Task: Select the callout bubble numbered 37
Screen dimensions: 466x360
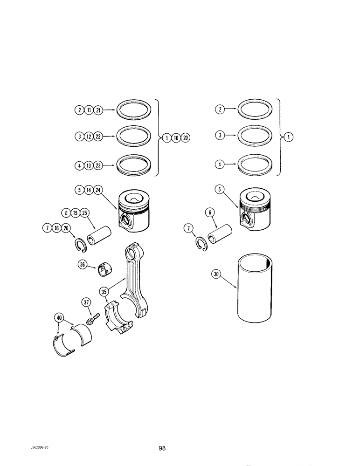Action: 87,302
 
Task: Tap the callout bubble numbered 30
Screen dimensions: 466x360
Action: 215,275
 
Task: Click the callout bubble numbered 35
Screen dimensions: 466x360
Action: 104,292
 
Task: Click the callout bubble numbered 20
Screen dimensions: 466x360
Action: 186,137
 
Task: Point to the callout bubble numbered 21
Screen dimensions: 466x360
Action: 98,110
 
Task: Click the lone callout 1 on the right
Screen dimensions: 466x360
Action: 289,137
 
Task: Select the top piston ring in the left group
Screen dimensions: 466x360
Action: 134,111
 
